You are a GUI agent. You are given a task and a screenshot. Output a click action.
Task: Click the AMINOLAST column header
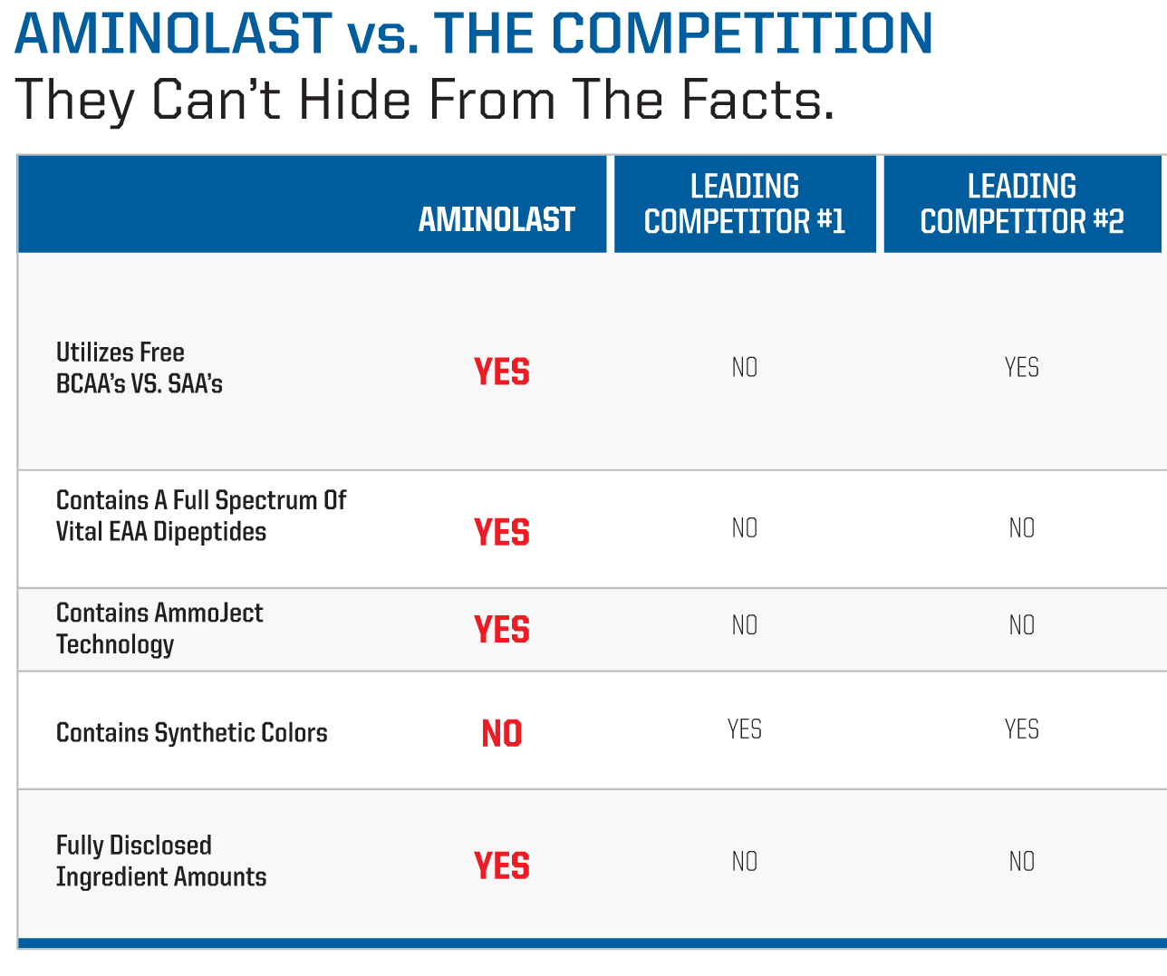(x=497, y=219)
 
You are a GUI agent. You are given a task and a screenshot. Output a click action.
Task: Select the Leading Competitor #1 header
(x=745, y=204)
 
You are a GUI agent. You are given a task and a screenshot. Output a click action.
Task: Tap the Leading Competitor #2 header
(x=1022, y=204)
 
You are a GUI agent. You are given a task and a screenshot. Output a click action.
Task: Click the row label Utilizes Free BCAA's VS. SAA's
(x=140, y=368)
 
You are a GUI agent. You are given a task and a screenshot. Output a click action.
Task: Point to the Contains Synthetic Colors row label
(x=192, y=733)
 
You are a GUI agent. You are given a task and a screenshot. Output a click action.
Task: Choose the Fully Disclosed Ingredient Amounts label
(x=161, y=861)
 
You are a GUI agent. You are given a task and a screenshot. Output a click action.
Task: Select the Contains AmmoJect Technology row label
(x=159, y=629)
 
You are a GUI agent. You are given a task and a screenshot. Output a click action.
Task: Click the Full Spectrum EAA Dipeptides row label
(x=201, y=516)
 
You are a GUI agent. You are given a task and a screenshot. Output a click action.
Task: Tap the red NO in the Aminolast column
(x=502, y=733)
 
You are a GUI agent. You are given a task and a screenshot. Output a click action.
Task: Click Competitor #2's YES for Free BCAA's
(x=1022, y=368)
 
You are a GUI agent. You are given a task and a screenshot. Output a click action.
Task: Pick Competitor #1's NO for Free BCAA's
(x=745, y=368)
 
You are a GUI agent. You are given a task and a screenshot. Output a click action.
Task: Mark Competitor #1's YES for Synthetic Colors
(x=745, y=730)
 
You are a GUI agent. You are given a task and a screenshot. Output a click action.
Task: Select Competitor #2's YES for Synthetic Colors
(x=1022, y=730)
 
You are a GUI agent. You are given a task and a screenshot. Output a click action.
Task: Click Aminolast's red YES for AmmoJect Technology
(x=502, y=629)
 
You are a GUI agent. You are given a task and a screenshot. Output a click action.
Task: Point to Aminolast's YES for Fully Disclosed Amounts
(x=502, y=865)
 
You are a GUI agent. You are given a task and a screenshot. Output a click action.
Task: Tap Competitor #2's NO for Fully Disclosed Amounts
(x=1022, y=862)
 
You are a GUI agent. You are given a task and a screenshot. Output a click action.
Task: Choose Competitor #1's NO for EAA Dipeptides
(x=745, y=527)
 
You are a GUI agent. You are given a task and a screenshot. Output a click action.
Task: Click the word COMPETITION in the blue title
(x=742, y=34)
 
